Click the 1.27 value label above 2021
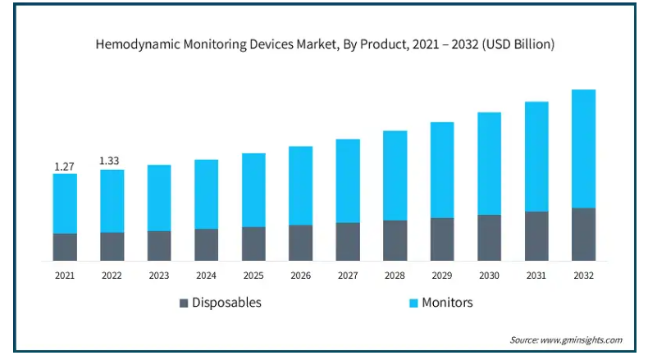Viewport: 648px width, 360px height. point(65,166)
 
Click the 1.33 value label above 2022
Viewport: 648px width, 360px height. point(112,161)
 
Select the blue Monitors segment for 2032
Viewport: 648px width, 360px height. point(583,148)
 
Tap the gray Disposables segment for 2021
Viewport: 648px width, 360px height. point(65,247)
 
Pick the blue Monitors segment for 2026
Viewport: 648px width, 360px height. point(300,185)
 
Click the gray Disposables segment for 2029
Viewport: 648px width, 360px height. point(442,239)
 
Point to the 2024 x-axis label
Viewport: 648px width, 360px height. point(206,276)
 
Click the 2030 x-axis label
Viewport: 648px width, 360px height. point(490,276)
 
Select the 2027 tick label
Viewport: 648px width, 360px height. point(348,276)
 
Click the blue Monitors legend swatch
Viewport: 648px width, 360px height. point(414,303)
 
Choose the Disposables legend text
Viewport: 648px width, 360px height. point(226,303)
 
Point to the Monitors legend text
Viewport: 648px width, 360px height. point(447,303)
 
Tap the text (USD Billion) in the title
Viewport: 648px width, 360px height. point(514,45)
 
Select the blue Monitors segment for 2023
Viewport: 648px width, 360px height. point(159,198)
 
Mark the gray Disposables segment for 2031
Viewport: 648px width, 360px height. point(536,236)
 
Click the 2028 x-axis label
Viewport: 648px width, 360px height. point(395,276)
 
